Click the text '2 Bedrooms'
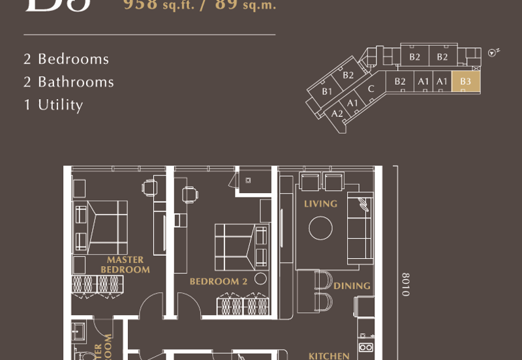click(x=66, y=59)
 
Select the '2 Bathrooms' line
click(x=69, y=82)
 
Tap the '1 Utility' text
click(x=54, y=104)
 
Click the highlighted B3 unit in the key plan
click(x=465, y=81)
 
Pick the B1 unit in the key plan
click(x=327, y=91)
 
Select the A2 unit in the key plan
click(x=337, y=113)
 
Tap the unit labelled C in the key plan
click(x=371, y=89)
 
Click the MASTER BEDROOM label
click(x=125, y=264)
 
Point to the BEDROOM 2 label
click(x=218, y=282)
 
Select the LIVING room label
click(x=320, y=203)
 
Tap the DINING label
click(x=352, y=286)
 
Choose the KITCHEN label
click(x=328, y=355)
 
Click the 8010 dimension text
click(x=405, y=284)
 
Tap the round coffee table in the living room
click(x=321, y=228)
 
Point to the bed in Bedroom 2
click(x=239, y=247)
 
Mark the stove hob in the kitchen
click(x=366, y=348)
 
